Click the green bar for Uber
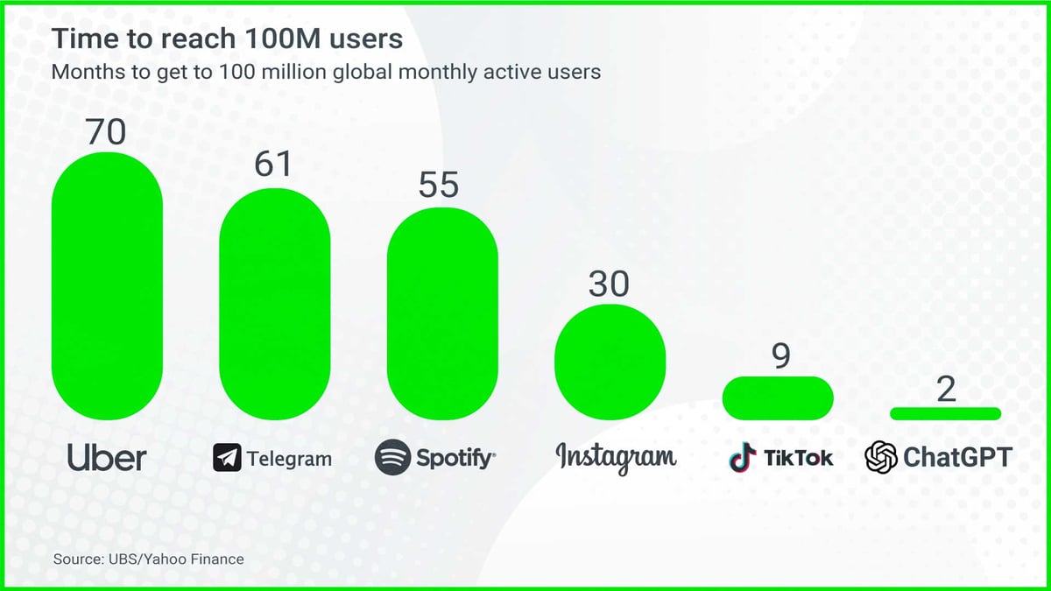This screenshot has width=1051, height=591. pyautogui.click(x=107, y=286)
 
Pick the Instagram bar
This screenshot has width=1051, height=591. pyautogui.click(x=610, y=361)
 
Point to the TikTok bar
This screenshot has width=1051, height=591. pyautogui.click(x=778, y=396)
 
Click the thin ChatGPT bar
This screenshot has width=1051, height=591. pyautogui.click(x=945, y=413)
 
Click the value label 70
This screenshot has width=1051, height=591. pyautogui.click(x=106, y=131)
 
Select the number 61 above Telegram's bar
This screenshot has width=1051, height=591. pyautogui.click(x=273, y=165)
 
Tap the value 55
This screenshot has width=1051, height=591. pyautogui.click(x=439, y=186)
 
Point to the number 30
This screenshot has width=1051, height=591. pyautogui.click(x=609, y=285)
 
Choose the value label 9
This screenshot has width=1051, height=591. pyautogui.click(x=781, y=355)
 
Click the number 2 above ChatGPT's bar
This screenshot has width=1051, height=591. pyautogui.click(x=946, y=390)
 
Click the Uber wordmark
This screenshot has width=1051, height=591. pyautogui.click(x=107, y=457)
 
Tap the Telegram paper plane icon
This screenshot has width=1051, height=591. pyautogui.click(x=227, y=458)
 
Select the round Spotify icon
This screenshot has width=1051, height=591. pyautogui.click(x=392, y=457)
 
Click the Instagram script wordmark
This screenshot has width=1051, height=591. pyautogui.click(x=616, y=457)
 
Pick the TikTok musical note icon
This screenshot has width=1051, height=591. pyautogui.click(x=743, y=457)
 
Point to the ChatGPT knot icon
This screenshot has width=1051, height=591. pyautogui.click(x=881, y=457)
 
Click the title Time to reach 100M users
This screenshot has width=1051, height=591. pyautogui.click(x=227, y=39)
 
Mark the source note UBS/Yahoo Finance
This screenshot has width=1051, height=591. pyautogui.click(x=148, y=559)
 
